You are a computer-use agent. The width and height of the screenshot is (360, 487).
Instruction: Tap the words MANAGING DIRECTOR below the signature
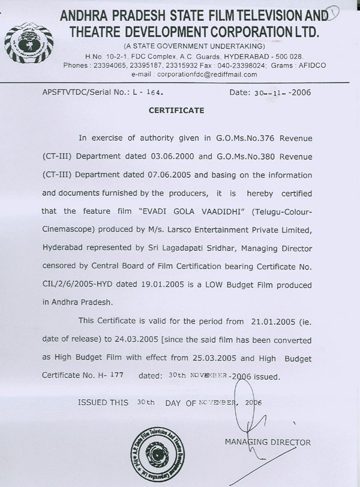pyautogui.click(x=268, y=443)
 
